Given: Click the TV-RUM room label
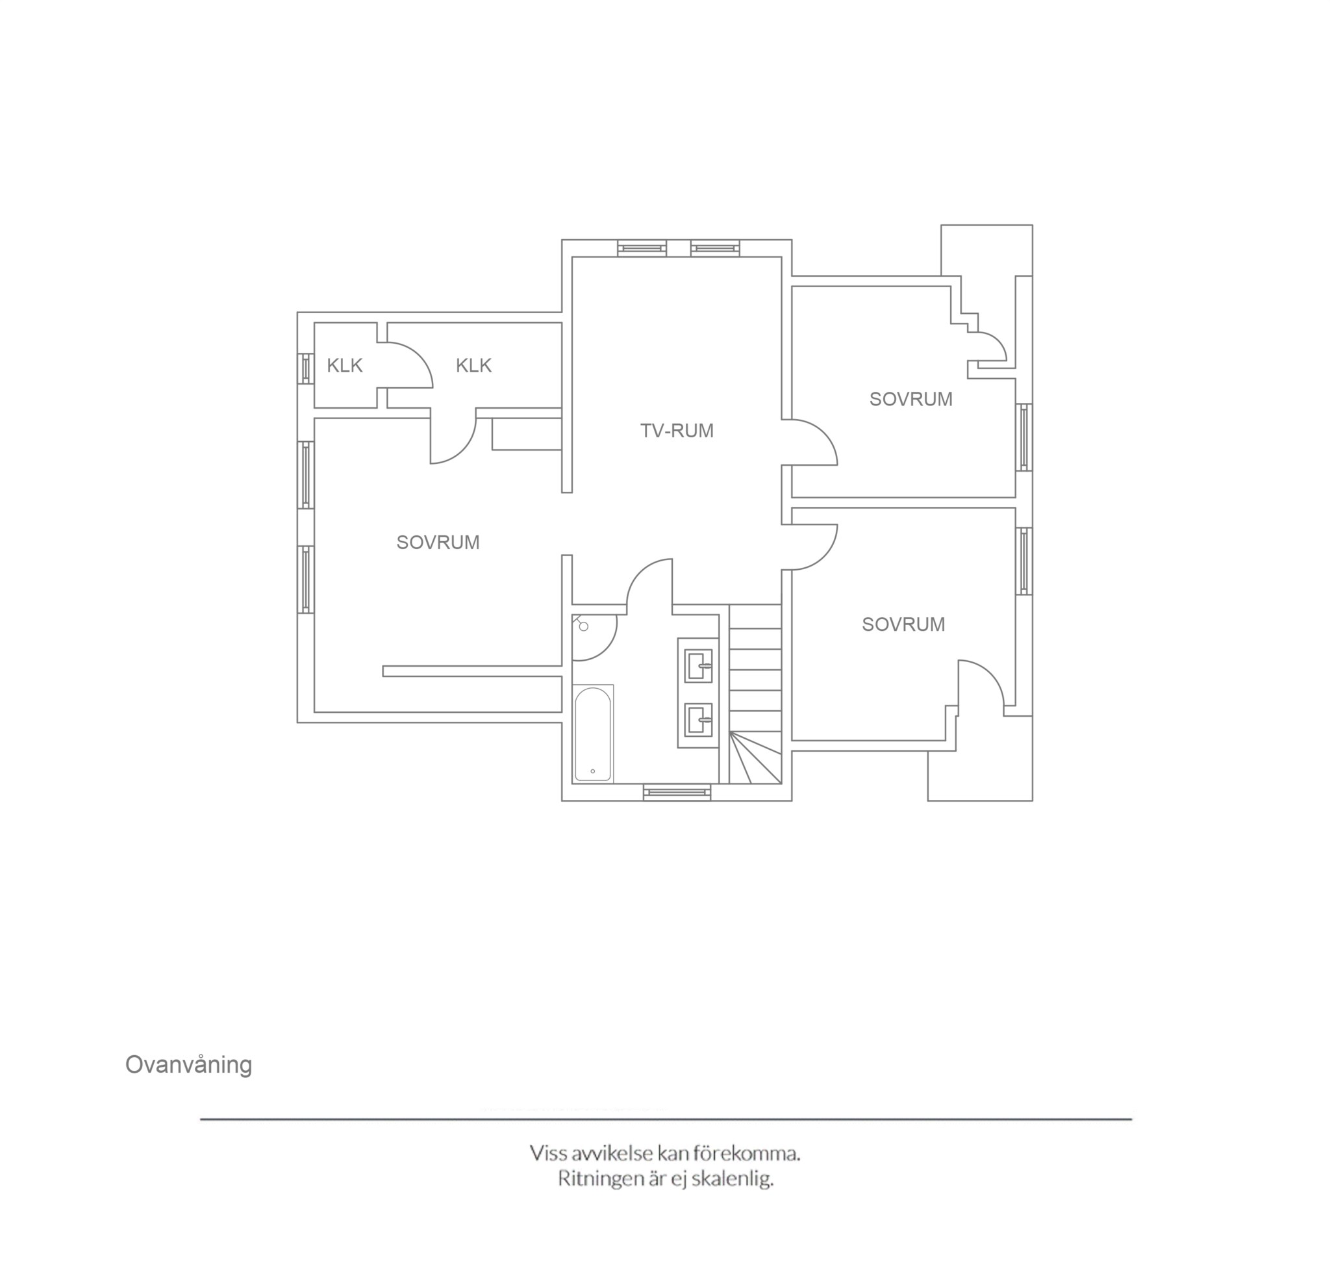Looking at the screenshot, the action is pos(677,430).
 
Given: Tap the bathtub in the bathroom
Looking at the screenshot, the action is pos(593,734).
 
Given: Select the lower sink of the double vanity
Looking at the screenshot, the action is pos(699,719).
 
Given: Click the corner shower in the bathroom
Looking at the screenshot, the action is pos(593,636).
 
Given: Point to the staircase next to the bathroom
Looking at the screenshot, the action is pos(755,694).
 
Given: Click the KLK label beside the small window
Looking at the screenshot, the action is pos(344,365).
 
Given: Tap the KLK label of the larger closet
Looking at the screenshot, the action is pos(473,365).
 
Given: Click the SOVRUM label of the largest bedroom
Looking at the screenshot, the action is pos(438,543).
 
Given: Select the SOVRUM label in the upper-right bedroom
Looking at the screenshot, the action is pos(910,399).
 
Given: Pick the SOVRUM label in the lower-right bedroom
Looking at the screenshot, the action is pos(903,624).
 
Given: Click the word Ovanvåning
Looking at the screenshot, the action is pos(188,1064).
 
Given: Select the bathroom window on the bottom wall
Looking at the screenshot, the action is pos(677,791).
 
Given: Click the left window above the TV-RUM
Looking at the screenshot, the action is pos(642,248).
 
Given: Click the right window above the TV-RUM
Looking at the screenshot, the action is pos(715,248).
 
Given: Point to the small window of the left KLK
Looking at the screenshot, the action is pos(306,369).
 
